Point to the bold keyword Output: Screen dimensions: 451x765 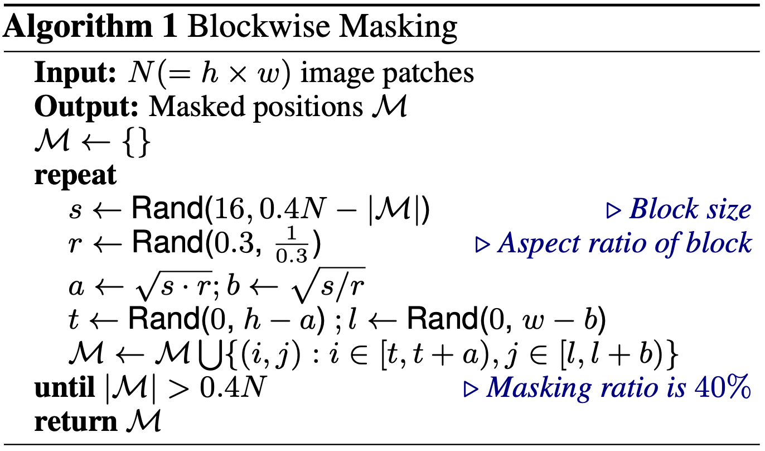coord(86,107)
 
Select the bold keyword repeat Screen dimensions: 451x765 coord(75,176)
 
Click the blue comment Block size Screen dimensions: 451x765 coord(689,210)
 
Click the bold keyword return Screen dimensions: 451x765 coord(74,422)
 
